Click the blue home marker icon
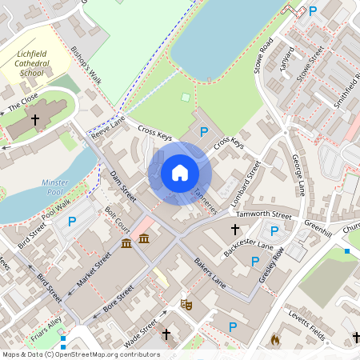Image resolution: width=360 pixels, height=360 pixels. (180, 173)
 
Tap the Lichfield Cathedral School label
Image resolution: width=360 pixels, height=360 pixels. (42, 63)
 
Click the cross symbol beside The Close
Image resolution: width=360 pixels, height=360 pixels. (34, 120)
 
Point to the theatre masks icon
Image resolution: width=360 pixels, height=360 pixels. (186, 304)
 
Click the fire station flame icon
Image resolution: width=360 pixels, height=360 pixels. (275, 339)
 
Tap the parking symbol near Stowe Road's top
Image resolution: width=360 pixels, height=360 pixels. (313, 10)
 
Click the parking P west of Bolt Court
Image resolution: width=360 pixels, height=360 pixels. (72, 222)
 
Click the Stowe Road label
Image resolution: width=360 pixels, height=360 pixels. (264, 54)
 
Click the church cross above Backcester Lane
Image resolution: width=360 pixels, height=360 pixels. (235, 230)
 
